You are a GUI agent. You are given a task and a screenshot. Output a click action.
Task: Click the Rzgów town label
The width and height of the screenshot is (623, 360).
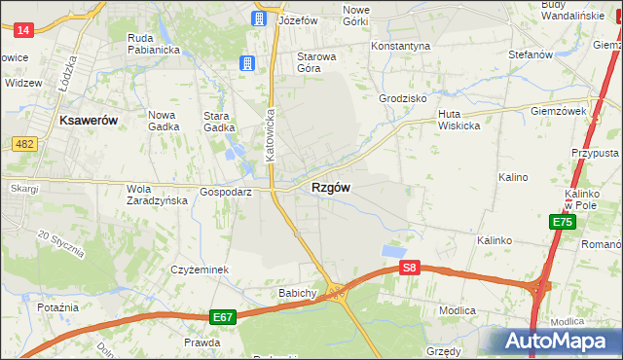(x=331, y=187)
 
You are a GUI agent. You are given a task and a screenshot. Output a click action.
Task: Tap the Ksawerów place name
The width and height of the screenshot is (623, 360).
(x=89, y=120)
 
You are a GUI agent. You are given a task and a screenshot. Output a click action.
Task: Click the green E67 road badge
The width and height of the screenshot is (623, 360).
(x=223, y=317)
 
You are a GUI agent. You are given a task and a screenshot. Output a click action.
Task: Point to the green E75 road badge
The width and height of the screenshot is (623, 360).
(x=562, y=223)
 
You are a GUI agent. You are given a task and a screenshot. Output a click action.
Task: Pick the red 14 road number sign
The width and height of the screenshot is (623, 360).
(x=24, y=30)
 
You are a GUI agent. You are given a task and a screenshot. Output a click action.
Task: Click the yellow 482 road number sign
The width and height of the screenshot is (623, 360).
(x=25, y=144)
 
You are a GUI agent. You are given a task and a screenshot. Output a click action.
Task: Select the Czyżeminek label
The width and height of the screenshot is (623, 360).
(x=199, y=270)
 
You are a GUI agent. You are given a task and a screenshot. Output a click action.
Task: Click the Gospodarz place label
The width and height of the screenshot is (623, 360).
(x=226, y=192)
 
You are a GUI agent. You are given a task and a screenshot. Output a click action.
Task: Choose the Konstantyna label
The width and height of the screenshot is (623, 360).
(x=400, y=46)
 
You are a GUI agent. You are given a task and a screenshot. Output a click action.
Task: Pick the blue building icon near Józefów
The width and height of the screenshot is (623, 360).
(x=259, y=18)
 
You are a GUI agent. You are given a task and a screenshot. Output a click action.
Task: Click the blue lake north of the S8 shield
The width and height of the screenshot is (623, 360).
(x=393, y=250)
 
